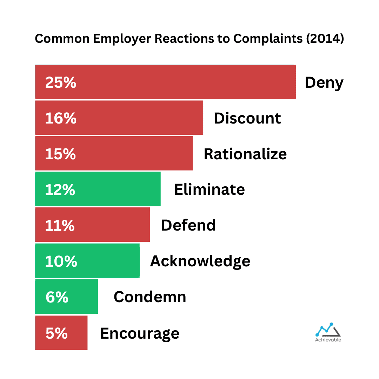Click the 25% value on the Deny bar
(61, 82)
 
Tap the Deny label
(324, 83)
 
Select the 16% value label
(61, 118)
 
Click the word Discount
(247, 118)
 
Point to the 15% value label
(60, 154)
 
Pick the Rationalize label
(245, 154)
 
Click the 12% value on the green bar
(60, 190)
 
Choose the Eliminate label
(210, 190)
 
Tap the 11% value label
(60, 226)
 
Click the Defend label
(188, 225)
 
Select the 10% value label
(61, 261)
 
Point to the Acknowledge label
(200, 261)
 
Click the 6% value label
(57, 297)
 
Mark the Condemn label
(150, 297)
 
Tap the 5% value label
(56, 333)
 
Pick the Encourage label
(140, 333)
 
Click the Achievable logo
(328, 332)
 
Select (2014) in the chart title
(324, 39)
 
